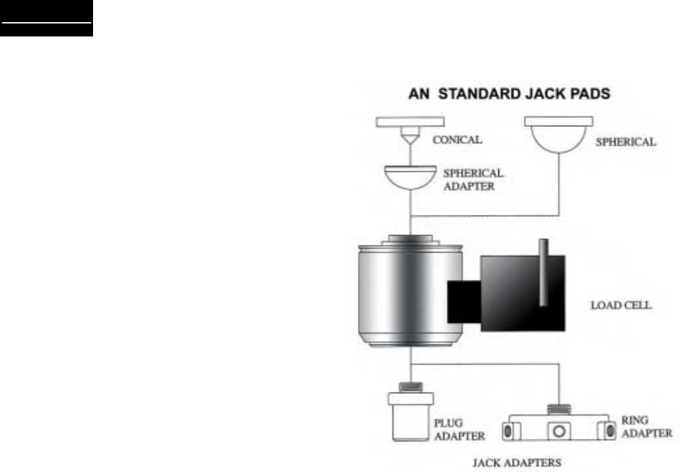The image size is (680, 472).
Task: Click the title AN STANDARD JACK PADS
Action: [x=508, y=94]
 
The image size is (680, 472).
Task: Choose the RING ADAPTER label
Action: [x=645, y=424]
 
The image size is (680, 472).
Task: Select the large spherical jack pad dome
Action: [x=558, y=139]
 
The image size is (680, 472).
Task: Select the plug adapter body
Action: [x=411, y=422]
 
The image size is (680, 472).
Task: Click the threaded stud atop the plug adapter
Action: [x=411, y=388]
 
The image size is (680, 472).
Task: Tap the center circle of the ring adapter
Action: [x=558, y=430]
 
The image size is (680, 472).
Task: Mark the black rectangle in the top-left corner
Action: [x=46, y=18]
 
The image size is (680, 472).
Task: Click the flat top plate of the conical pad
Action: [x=411, y=121]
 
